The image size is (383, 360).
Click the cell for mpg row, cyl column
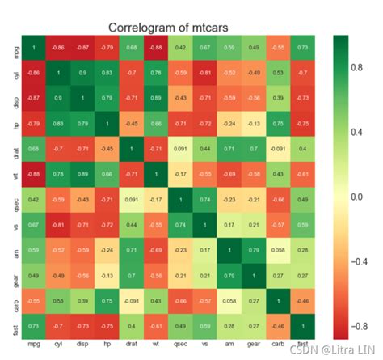click(58, 49)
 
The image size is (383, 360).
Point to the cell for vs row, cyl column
click(58, 223)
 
